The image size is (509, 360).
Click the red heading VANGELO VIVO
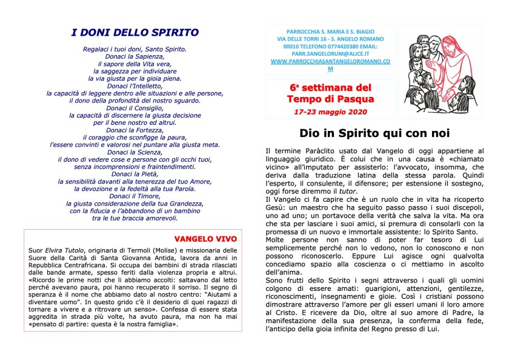pyautogui.click(x=205, y=238)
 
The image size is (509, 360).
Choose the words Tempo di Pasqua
pyautogui.click(x=330, y=98)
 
